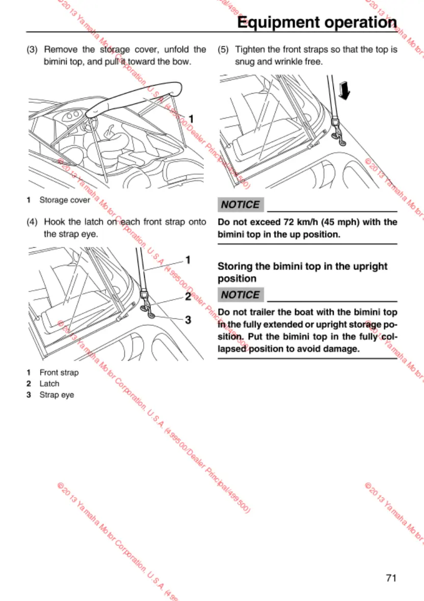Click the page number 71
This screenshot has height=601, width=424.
391,578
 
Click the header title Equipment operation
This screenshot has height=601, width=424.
317,22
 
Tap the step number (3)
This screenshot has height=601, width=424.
33,50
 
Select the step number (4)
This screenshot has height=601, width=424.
33,222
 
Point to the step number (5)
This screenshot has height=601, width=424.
224,50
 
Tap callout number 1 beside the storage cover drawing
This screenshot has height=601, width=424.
191,118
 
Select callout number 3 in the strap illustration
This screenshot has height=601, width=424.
188,320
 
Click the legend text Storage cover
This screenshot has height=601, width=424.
65,200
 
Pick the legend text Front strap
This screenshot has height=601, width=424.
59,372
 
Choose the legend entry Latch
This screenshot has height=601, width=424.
49,384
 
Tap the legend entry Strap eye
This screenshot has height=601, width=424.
57,395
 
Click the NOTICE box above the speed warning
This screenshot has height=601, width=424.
241,205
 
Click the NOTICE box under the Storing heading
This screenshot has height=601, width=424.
241,295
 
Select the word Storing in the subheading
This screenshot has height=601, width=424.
237,266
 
